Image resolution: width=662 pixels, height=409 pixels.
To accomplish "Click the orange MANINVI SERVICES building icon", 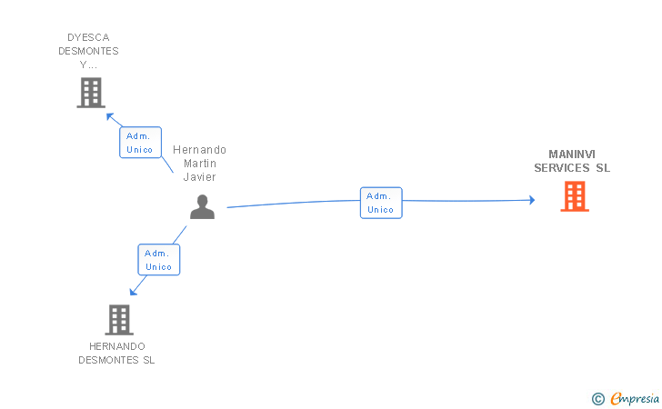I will [x=575, y=196].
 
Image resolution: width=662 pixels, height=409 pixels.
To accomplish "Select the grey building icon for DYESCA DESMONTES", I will [x=91, y=93].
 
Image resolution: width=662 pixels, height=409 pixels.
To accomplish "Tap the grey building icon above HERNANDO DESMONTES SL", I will [x=119, y=320].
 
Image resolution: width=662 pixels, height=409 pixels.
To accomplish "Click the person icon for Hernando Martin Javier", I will [x=202, y=207].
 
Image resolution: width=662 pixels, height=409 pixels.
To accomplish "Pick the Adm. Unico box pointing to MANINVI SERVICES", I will [x=381, y=203].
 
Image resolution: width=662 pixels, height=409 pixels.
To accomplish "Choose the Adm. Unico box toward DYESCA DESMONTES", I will [x=140, y=143].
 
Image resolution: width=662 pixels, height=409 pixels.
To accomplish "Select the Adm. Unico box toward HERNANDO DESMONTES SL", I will [x=159, y=260].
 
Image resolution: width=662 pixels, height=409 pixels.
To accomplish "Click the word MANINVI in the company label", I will [x=572, y=155].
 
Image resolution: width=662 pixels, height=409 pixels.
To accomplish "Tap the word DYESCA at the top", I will [x=88, y=38].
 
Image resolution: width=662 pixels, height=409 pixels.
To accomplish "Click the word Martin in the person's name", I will [x=199, y=164].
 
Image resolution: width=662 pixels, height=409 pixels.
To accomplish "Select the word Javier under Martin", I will [x=199, y=177].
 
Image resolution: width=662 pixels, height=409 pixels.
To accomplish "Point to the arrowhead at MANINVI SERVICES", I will [x=532, y=200].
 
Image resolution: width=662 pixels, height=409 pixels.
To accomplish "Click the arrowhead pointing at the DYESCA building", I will [x=109, y=115].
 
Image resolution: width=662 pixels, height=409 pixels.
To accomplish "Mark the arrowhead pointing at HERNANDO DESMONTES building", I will [x=133, y=292].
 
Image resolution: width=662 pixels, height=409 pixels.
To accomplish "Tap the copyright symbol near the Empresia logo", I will [x=597, y=398].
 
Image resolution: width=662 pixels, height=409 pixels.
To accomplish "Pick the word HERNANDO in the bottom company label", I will [x=117, y=346].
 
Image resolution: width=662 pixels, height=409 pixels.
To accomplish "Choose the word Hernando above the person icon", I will [x=199, y=150].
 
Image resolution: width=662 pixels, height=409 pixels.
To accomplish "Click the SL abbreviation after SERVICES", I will [x=603, y=168].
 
